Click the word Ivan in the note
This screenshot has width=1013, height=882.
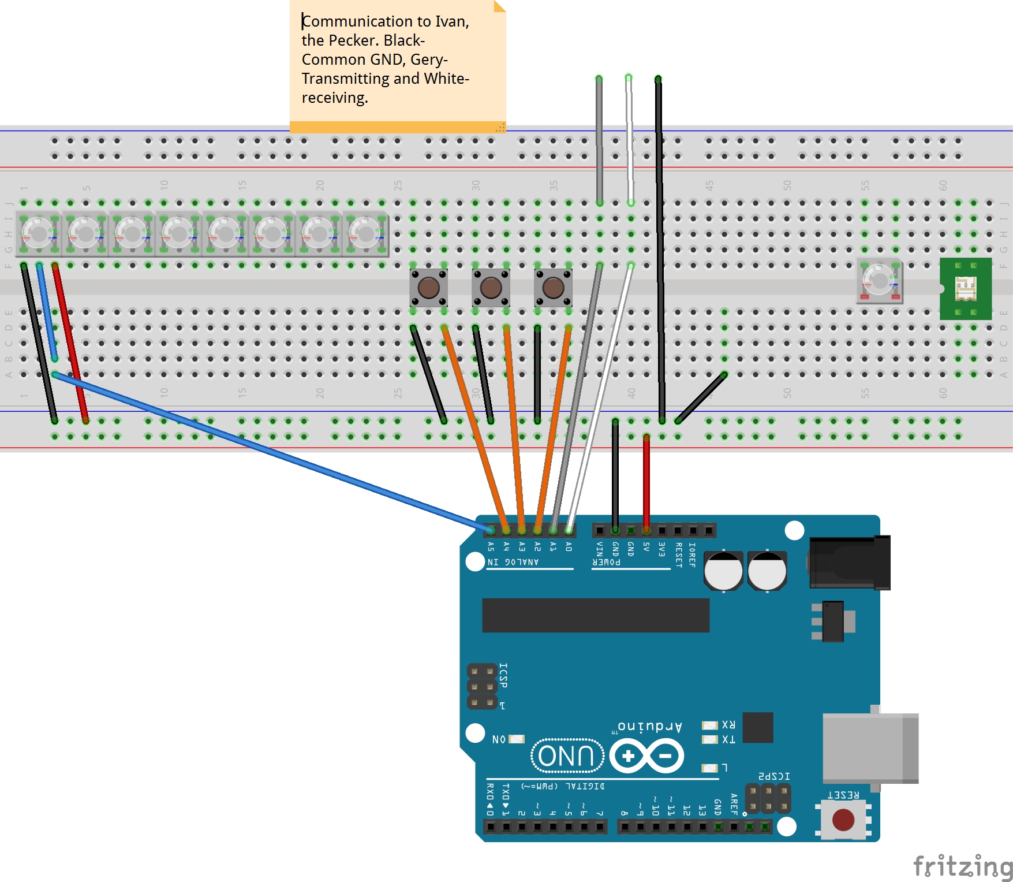point(451,21)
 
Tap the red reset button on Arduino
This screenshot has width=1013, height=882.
point(843,819)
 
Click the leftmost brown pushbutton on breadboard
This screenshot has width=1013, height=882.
point(428,288)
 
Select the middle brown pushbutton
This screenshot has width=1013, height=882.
point(491,288)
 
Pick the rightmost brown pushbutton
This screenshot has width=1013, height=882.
point(553,288)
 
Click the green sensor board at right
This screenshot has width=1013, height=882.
point(966,289)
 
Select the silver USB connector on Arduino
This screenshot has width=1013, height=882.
point(869,747)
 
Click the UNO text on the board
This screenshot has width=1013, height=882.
point(566,756)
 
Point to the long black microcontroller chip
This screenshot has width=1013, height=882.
point(595,615)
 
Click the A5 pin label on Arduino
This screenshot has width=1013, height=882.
point(491,546)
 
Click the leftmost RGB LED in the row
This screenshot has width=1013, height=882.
point(38,234)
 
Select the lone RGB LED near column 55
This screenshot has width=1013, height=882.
point(879,281)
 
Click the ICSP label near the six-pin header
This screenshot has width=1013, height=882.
point(503,675)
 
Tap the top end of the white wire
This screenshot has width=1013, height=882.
point(629,78)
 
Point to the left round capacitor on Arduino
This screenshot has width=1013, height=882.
point(723,571)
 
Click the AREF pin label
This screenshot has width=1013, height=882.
point(734,804)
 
